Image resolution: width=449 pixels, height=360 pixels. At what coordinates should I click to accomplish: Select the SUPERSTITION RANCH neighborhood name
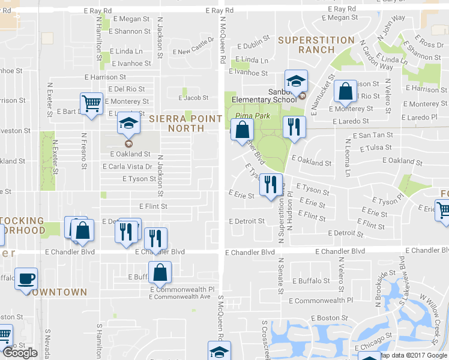316,45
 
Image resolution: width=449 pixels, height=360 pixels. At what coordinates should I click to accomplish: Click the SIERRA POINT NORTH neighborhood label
185,124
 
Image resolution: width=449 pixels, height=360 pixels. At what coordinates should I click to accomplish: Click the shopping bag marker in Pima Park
242,130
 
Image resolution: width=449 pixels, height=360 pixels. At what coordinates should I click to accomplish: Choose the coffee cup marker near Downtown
26,279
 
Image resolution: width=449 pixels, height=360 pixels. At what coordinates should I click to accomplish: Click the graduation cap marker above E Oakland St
128,123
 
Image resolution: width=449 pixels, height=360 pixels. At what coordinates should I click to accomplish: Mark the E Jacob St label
194,98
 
